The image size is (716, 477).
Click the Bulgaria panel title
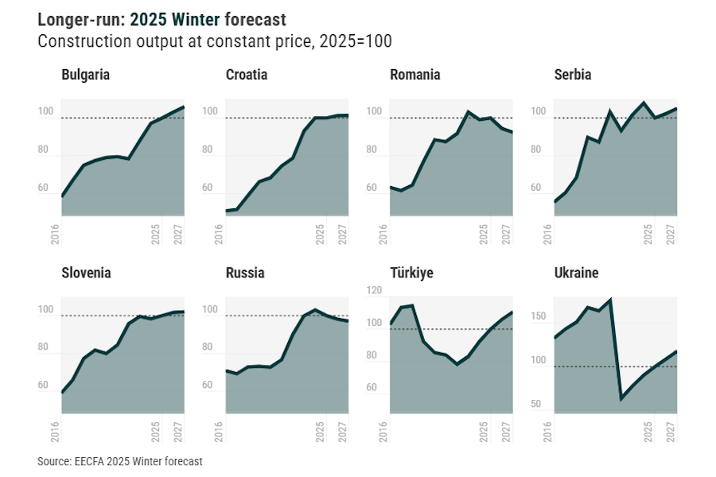coord(85,75)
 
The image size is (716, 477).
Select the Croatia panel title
coord(247,75)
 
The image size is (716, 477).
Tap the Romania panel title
coord(414,75)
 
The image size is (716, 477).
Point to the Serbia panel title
coord(573,75)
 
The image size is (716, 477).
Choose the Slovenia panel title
coord(86,273)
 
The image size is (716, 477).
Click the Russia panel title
coord(245,273)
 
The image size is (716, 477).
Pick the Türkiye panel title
coord(411,273)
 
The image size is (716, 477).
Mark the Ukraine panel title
coord(576,273)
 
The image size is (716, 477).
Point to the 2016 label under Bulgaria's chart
coord(55,234)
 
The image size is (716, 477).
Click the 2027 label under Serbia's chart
coord(671,234)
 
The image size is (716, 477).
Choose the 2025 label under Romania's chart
coord(484,234)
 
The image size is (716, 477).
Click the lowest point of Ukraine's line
coord(621,397)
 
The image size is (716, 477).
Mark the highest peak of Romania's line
coord(469,112)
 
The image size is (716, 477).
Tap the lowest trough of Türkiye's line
coord(457,364)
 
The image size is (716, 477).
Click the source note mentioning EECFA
coord(119,461)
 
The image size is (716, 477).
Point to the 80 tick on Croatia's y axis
coord(209,149)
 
